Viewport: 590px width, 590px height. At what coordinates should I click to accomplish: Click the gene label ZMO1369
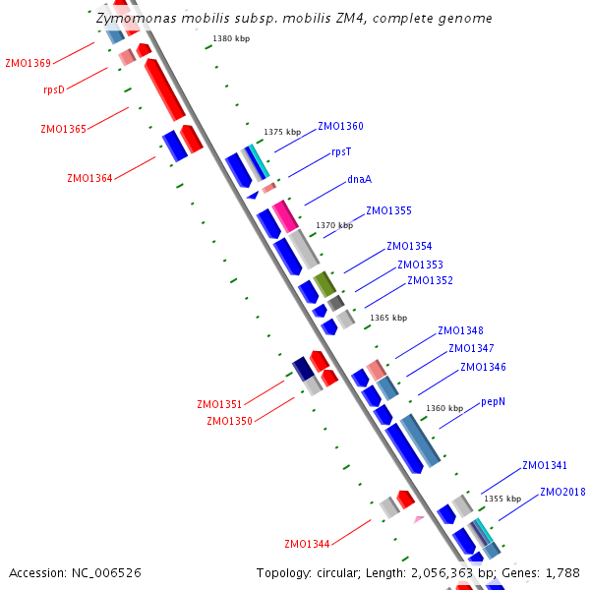pos(28,63)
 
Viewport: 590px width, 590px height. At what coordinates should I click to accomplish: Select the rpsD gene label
pos(54,89)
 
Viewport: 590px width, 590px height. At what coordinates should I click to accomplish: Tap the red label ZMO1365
pos(63,129)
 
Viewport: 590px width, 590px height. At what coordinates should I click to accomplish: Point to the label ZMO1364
pos(89,178)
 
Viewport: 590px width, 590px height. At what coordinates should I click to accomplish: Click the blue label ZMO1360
pos(340,126)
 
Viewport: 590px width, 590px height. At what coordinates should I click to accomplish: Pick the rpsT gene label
pos(341,151)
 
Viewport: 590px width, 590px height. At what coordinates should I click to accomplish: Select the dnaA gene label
pos(359,179)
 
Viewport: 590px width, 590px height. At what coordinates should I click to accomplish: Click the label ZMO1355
pos(388,210)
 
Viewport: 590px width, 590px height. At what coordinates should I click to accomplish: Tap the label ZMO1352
pos(430,280)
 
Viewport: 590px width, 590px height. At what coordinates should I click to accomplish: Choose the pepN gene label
pos(494,401)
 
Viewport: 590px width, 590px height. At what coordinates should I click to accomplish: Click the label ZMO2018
pos(562,492)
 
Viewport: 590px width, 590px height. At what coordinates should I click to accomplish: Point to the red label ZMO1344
pos(307,544)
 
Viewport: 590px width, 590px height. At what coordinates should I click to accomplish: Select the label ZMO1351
pos(219,404)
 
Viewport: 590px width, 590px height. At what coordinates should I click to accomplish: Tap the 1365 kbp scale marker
pos(388,318)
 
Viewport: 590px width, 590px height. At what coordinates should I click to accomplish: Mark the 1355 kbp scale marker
pos(501,499)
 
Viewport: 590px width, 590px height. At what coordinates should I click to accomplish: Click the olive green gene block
pos(325,285)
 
